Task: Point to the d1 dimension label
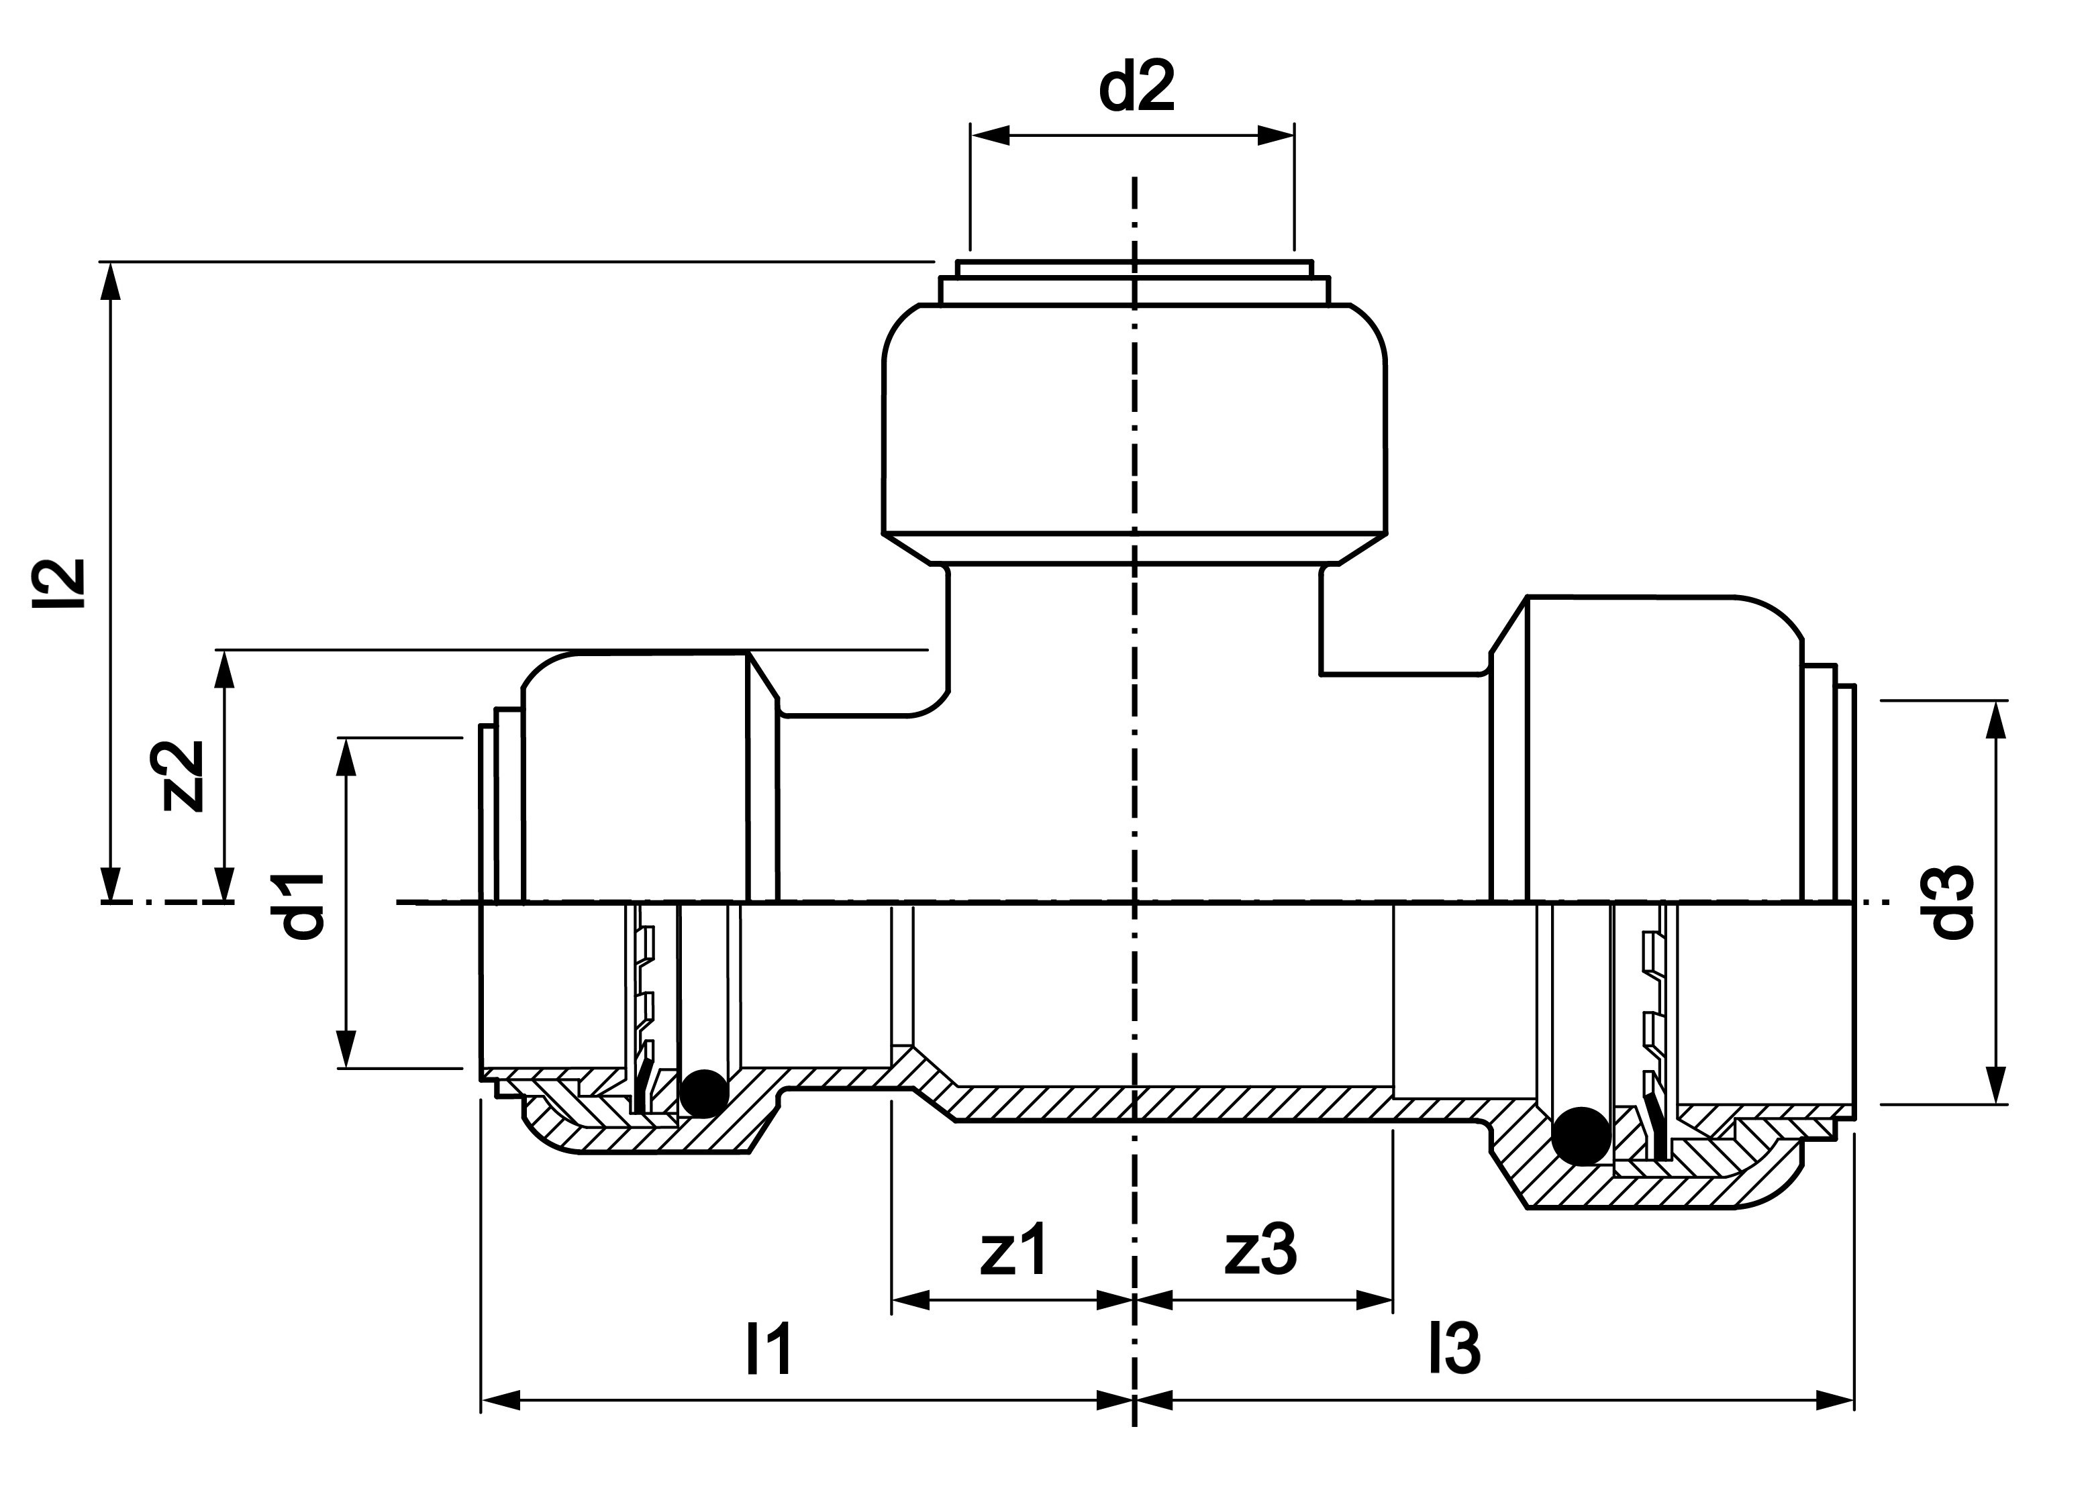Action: pyautogui.click(x=303, y=905)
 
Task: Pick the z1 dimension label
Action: pyautogui.click(x=1013, y=1250)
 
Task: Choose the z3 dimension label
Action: pyautogui.click(x=1261, y=1250)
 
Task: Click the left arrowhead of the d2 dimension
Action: pyautogui.click(x=990, y=136)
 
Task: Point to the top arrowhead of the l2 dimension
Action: pyautogui.click(x=111, y=280)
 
